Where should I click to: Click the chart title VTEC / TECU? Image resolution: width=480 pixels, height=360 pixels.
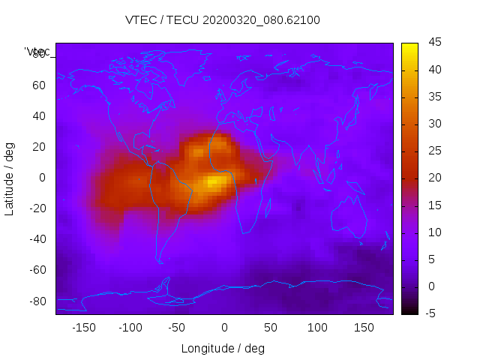tap(222, 20)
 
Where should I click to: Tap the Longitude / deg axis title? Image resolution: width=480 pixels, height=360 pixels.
tap(223, 348)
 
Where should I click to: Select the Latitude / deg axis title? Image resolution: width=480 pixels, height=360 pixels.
tap(10, 178)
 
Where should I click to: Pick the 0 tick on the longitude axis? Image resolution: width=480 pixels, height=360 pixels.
tap(223, 327)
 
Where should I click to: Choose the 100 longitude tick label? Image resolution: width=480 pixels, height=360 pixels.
tap(317, 327)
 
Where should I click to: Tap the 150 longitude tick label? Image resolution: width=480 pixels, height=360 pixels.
tap(364, 327)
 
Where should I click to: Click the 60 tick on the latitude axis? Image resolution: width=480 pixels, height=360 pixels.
tap(39, 85)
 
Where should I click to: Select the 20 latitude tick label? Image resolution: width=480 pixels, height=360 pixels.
tap(39, 147)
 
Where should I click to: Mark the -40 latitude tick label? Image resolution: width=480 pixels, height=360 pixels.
tap(37, 239)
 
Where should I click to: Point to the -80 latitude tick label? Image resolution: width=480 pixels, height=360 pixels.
tap(37, 301)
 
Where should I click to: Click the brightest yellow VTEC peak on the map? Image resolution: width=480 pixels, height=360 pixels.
tap(214, 181)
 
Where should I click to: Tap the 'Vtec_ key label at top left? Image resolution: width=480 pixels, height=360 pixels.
tap(37, 52)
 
